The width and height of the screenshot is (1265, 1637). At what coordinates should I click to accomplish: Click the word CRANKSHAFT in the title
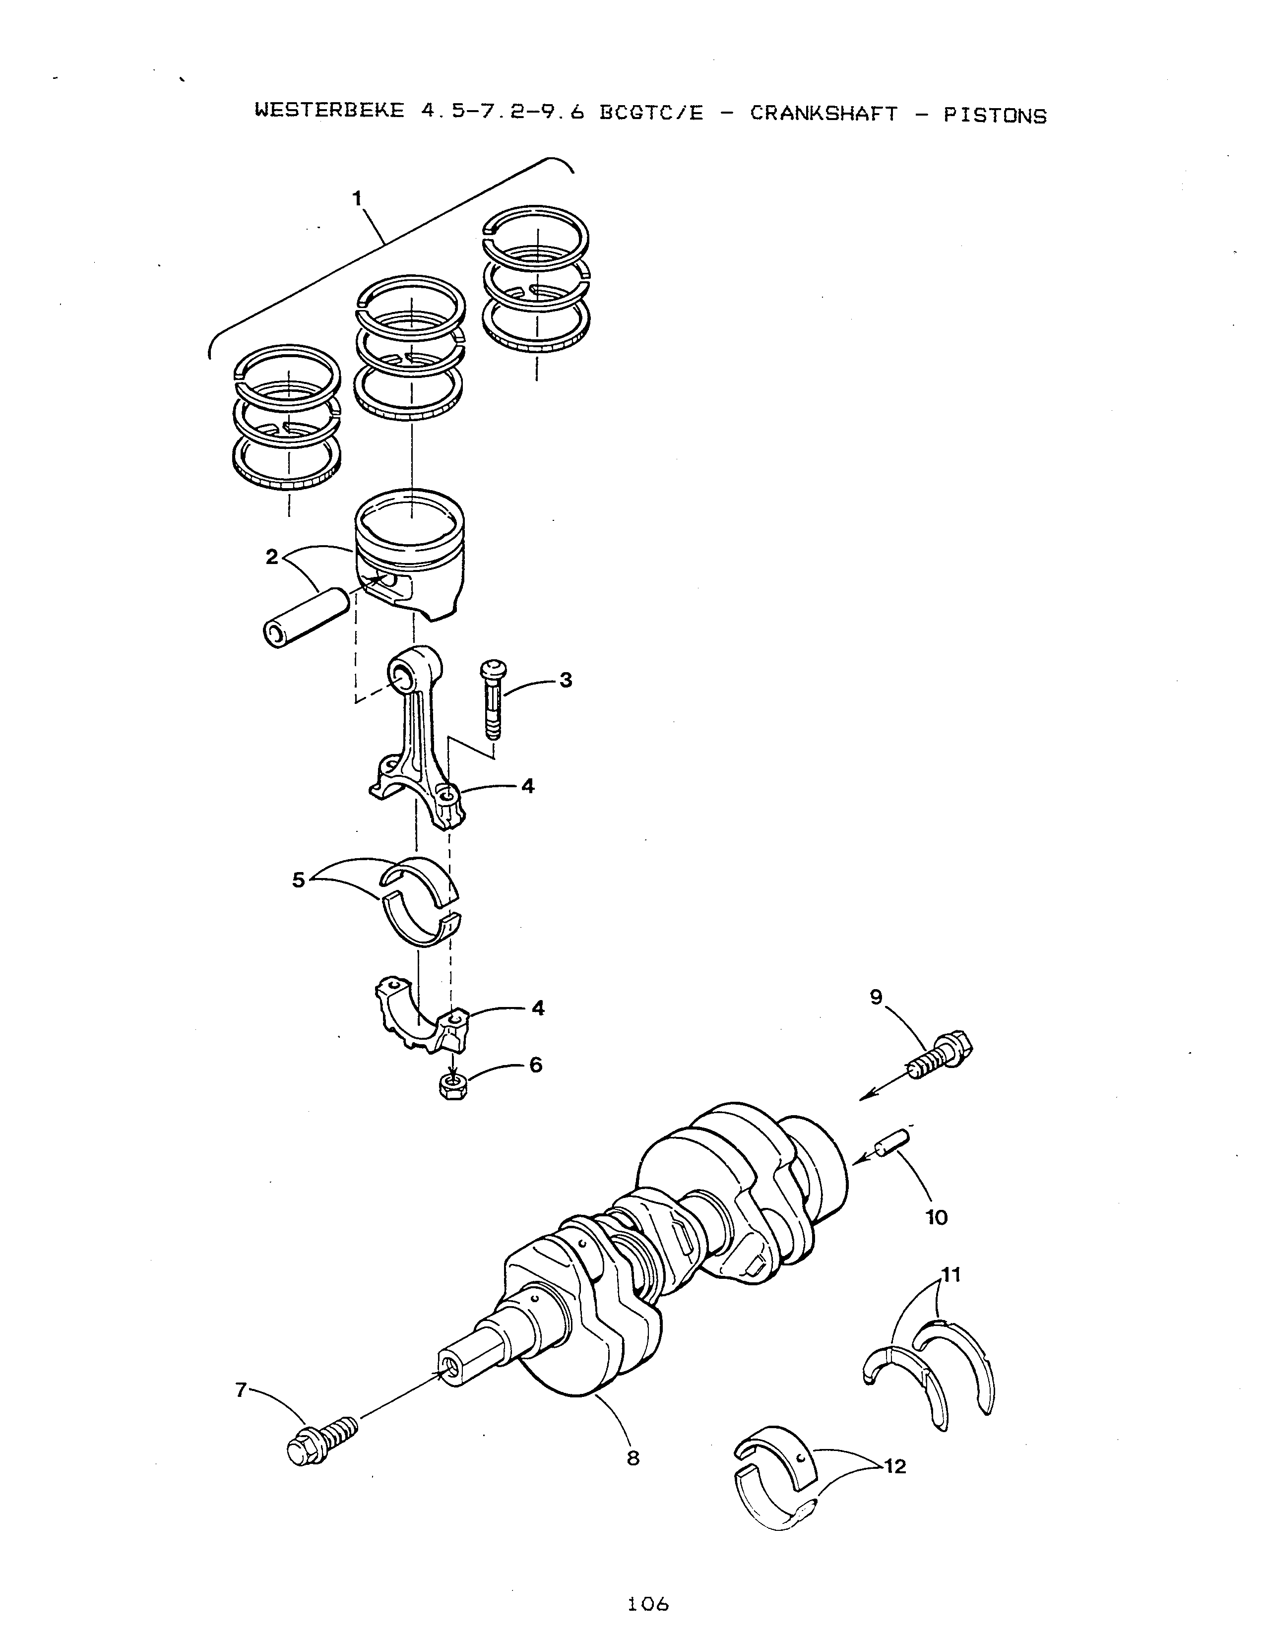click(823, 114)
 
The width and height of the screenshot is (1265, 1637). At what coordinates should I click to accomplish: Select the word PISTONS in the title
click(995, 116)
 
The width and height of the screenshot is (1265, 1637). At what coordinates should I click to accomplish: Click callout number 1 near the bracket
click(358, 198)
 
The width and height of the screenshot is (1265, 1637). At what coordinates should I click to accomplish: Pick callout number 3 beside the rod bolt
click(566, 680)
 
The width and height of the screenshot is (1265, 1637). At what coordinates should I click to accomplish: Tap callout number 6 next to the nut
click(536, 1065)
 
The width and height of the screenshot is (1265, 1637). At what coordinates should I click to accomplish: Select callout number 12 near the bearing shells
click(895, 1465)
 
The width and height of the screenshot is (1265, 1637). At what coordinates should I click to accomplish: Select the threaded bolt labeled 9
click(941, 1055)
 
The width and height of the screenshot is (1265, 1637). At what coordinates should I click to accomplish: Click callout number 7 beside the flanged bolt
click(241, 1389)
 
